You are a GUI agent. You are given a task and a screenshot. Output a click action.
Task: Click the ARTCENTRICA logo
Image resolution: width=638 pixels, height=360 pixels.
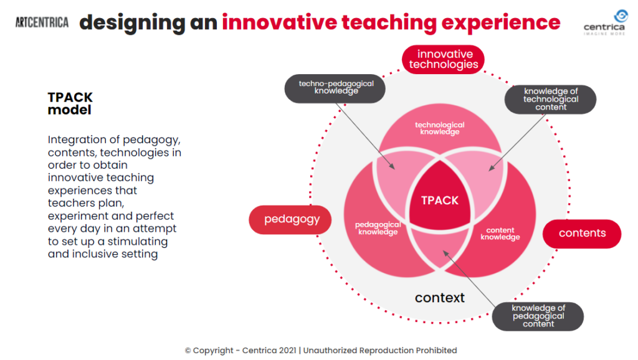[42, 22]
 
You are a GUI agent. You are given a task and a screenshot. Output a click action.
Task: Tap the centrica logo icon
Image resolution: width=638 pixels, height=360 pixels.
[621, 16]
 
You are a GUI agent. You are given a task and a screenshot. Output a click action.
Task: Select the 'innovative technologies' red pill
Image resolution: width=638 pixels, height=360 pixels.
[443, 59]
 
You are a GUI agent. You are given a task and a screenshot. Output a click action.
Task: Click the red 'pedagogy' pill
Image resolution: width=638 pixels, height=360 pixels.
[290, 220]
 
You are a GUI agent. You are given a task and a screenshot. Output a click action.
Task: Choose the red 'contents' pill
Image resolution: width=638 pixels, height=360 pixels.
[582, 234]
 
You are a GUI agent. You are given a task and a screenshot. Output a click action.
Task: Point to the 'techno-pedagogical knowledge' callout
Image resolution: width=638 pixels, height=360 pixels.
[335, 88]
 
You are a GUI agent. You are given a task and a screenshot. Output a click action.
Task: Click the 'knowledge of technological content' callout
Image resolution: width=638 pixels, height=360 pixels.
[551, 99]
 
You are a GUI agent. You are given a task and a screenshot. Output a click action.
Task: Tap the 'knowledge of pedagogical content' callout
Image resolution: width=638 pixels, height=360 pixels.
[538, 316]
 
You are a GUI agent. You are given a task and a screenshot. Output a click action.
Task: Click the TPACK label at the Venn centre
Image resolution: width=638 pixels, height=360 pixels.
[440, 201]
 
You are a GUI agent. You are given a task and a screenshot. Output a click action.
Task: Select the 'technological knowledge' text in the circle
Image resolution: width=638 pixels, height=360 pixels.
[440, 128]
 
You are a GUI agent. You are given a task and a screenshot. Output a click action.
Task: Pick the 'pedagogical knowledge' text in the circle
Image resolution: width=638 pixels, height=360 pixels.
[378, 228]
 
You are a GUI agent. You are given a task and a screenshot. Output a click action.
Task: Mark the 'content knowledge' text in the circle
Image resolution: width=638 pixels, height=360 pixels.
[500, 234]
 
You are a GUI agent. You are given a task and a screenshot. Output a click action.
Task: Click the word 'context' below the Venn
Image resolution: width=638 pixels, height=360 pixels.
[439, 298]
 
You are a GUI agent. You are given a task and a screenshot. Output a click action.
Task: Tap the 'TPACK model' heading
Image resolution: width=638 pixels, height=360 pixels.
[70, 103]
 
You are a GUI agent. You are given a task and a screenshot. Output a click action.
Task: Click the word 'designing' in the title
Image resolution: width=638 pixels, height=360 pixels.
[132, 23]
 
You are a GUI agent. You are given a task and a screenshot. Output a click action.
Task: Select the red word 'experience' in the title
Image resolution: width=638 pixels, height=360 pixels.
[501, 23]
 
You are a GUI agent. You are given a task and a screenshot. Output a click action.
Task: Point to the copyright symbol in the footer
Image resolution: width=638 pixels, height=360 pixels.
[188, 351]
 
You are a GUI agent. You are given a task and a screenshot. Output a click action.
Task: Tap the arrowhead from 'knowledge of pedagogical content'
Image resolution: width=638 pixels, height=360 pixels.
[445, 253]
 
